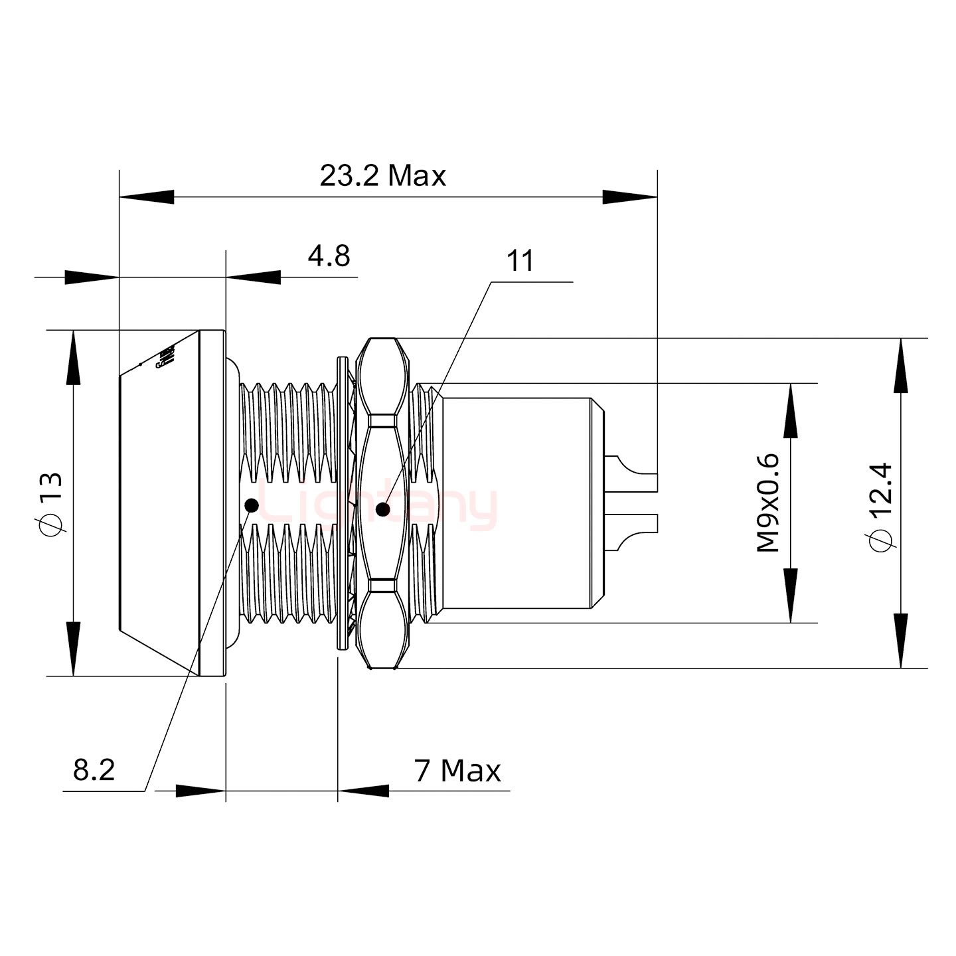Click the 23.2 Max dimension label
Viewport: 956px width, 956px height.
click(382, 177)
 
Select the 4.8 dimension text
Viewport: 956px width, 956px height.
click(329, 256)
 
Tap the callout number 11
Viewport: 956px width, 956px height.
click(520, 262)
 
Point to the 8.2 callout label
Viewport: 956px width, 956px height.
click(94, 770)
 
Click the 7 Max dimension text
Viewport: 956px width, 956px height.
click(457, 771)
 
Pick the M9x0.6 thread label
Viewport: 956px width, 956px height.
click(768, 503)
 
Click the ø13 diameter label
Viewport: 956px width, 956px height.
click(51, 503)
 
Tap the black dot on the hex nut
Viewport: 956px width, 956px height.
click(382, 510)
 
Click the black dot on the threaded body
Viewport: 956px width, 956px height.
click(252, 505)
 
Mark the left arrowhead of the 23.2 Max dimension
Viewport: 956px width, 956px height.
click(146, 197)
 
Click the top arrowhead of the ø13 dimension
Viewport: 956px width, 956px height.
click(73, 358)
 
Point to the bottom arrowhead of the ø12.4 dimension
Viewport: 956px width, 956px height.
click(900, 641)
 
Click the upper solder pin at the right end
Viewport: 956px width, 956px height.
click(634, 473)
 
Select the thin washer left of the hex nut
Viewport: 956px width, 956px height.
click(342, 503)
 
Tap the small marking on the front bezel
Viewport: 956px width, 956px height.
click(164, 357)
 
